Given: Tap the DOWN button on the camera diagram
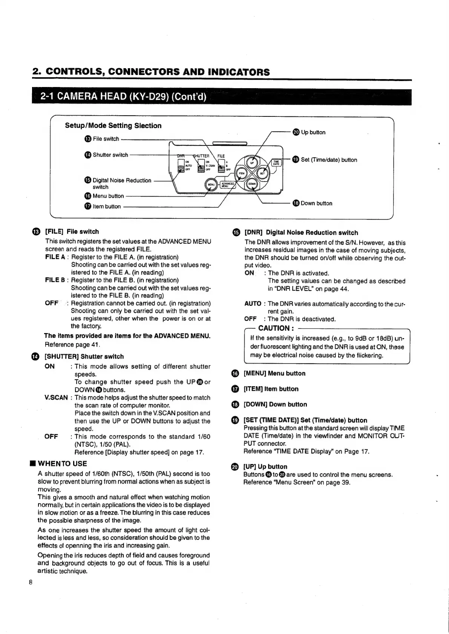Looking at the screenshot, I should pyautogui.click(x=252, y=184).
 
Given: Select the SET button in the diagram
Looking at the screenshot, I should pyautogui.click(x=263, y=174).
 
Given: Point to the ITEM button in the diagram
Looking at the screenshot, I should pyautogui.click(x=241, y=174).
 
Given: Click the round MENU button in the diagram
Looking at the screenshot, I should pyautogui.click(x=211, y=185).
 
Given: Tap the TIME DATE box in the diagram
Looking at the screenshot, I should pyautogui.click(x=276, y=163).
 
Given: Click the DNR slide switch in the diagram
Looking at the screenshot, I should pyautogui.click(x=181, y=165).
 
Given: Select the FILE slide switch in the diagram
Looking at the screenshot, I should pyautogui.click(x=223, y=165).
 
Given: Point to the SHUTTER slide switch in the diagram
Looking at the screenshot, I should pyautogui.click(x=201, y=165).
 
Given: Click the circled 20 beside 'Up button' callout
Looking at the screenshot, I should pyautogui.click(x=296, y=132).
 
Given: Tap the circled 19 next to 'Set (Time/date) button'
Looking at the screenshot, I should pyautogui.click(x=296, y=160).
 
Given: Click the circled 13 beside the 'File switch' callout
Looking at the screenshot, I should pyautogui.click(x=88, y=139).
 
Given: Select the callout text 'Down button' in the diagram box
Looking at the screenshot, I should pyautogui.click(x=317, y=203).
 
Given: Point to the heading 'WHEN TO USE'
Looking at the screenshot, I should pyautogui.click(x=63, y=464).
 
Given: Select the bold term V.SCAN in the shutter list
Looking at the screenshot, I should pyautogui.click(x=56, y=398).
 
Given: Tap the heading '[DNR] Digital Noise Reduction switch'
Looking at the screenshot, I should pyautogui.click(x=301, y=233).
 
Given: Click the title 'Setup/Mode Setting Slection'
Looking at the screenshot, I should pyautogui.click(x=113, y=125).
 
